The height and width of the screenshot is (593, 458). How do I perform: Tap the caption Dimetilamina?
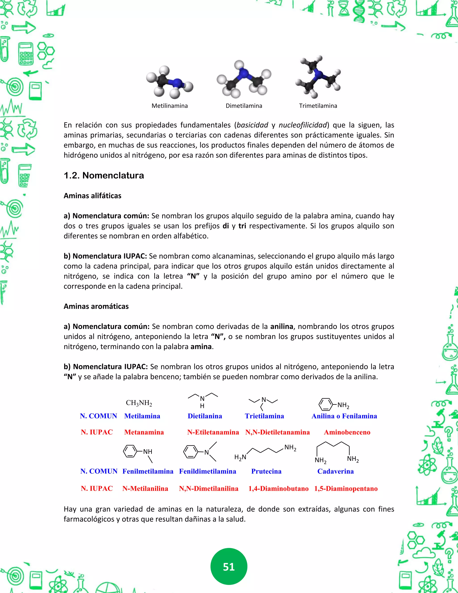[x=244, y=106]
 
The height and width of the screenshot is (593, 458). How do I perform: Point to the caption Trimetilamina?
[x=318, y=106]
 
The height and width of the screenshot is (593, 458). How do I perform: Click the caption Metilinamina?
[x=170, y=106]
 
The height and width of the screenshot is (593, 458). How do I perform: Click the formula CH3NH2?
[x=139, y=403]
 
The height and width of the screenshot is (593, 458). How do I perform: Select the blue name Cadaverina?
[x=335, y=471]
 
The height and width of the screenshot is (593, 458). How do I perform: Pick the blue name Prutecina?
[x=266, y=471]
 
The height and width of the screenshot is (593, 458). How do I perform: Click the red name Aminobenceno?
[x=347, y=432]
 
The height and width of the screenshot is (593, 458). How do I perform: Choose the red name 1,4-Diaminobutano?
[x=278, y=488]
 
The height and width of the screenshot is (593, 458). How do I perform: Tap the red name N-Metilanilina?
[x=145, y=488]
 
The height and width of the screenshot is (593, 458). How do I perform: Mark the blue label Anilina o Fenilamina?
[x=344, y=416]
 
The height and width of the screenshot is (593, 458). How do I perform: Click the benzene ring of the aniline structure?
[x=326, y=405]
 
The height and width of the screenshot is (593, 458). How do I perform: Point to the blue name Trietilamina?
[x=264, y=416]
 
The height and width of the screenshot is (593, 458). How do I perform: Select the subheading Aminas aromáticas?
[x=96, y=306]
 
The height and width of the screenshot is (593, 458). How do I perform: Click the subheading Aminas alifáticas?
[x=93, y=196]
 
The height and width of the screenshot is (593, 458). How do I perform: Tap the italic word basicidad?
[x=252, y=125]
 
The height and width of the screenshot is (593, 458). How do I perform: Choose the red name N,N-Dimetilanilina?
[x=209, y=488]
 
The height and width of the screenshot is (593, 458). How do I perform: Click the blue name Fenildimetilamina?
[x=208, y=471]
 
